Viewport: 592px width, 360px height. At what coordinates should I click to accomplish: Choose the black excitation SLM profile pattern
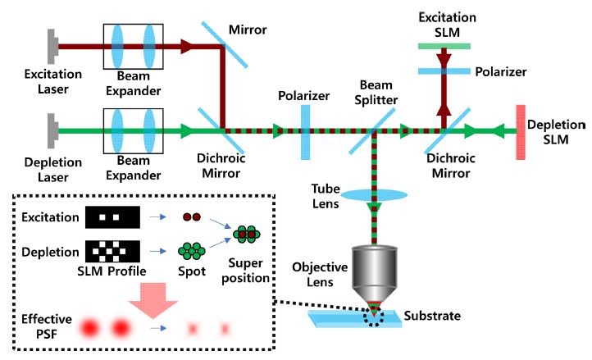113,218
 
